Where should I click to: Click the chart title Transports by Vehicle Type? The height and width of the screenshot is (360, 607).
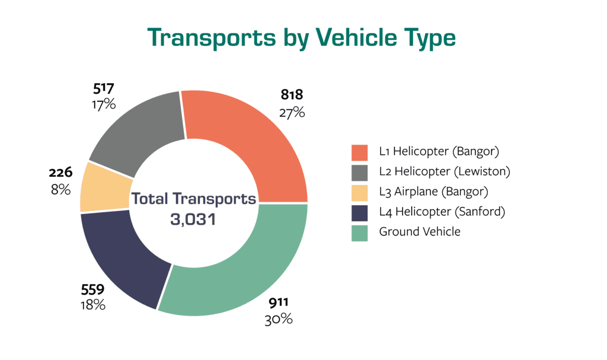(302, 37)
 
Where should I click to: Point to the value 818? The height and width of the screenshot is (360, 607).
(291, 94)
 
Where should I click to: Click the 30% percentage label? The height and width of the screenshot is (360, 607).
(278, 319)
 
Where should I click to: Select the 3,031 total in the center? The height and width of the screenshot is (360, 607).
(194, 218)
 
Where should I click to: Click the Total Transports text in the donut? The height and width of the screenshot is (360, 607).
(194, 199)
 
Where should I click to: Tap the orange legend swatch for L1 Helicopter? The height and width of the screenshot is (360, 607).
(360, 151)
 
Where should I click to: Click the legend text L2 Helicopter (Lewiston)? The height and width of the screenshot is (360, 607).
(445, 171)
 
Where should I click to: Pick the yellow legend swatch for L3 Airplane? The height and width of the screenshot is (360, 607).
(360, 192)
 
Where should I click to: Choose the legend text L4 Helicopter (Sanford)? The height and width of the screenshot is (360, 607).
(442, 211)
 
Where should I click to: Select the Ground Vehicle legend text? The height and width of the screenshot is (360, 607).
(420, 231)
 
